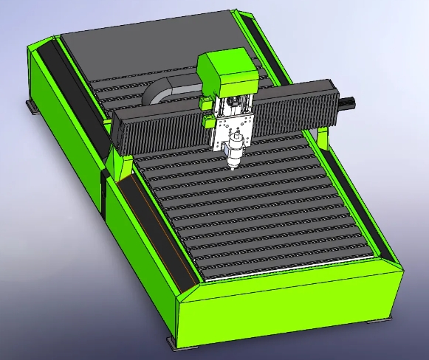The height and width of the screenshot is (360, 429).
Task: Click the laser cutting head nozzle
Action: [x=235, y=160]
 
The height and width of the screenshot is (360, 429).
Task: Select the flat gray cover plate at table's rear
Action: [x=148, y=41]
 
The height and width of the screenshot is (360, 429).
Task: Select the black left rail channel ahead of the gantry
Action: [x=155, y=229]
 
